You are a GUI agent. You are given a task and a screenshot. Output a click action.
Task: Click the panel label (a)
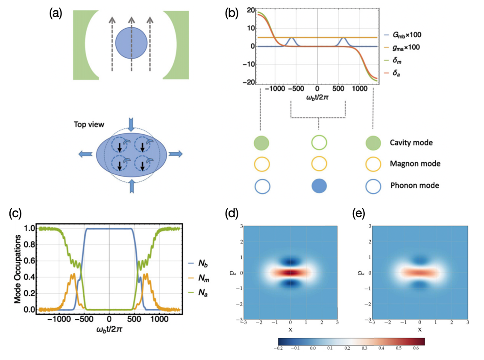[x=56, y=14]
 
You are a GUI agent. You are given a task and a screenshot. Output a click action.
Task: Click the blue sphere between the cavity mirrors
[x=132, y=44]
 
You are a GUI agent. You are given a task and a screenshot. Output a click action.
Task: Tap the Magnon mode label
[x=414, y=164]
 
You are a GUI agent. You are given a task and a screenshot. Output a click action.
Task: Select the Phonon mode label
[x=414, y=186]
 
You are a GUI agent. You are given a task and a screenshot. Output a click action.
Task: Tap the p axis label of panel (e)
[x=362, y=272]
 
